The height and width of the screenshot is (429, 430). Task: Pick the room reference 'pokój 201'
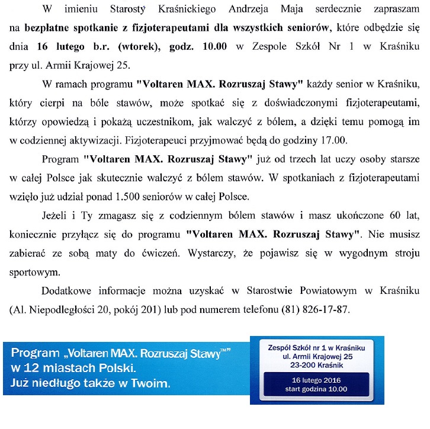click(150, 309)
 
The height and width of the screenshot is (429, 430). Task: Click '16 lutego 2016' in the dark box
click(316, 380)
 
